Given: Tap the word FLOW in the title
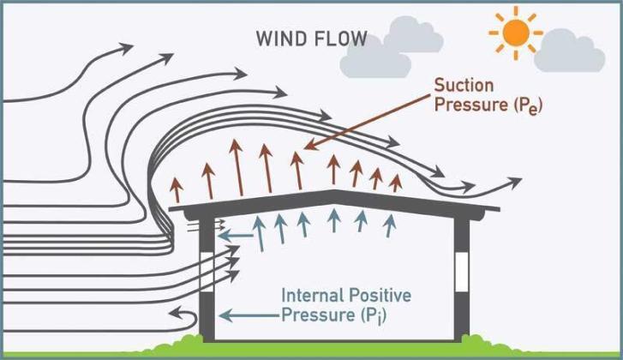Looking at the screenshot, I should click(x=342, y=39).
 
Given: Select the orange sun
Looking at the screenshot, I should click(x=516, y=32).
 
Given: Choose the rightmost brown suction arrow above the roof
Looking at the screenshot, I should click(x=395, y=182).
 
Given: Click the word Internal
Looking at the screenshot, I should click(x=312, y=296).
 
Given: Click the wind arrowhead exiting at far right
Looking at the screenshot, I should click(x=513, y=182).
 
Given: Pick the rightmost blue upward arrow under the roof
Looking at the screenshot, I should click(x=391, y=224).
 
